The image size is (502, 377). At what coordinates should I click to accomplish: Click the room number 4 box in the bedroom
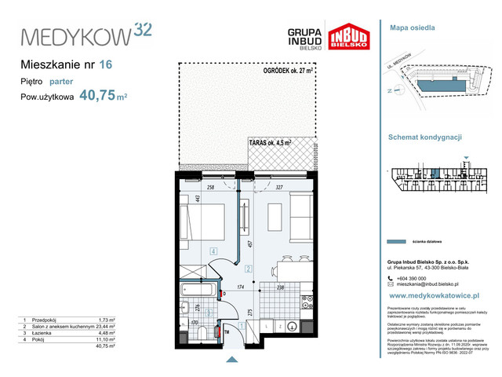213,251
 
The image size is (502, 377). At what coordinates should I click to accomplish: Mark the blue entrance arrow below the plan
231,361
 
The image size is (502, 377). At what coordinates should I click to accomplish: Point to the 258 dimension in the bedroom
209,188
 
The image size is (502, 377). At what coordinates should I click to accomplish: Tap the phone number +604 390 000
411,278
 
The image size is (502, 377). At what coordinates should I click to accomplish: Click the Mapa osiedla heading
412,27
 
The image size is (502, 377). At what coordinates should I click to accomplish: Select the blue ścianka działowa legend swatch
403,240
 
